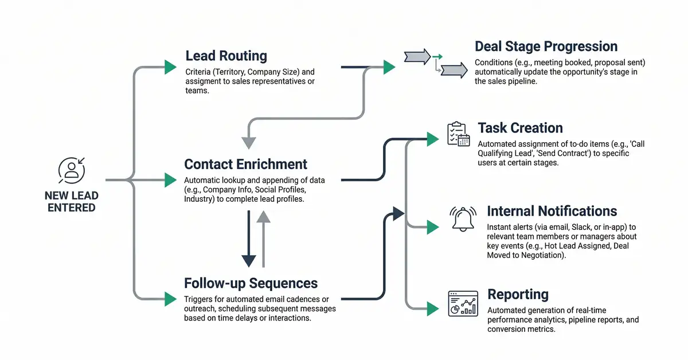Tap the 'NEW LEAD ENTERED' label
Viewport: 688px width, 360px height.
point(72,201)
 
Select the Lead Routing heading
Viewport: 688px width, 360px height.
point(226,56)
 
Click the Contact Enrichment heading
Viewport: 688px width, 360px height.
point(246,164)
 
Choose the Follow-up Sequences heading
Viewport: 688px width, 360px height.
point(251,283)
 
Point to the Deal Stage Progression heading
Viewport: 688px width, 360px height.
point(546,46)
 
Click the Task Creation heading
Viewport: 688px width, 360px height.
point(520,128)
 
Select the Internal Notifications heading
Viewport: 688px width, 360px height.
point(552,211)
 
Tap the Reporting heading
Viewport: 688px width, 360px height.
point(518,294)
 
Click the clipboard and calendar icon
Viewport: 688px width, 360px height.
point(458,134)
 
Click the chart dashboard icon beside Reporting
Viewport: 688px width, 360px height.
point(462,303)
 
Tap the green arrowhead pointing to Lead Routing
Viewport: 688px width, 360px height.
point(170,67)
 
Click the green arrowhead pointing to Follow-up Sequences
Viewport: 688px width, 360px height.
point(170,299)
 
